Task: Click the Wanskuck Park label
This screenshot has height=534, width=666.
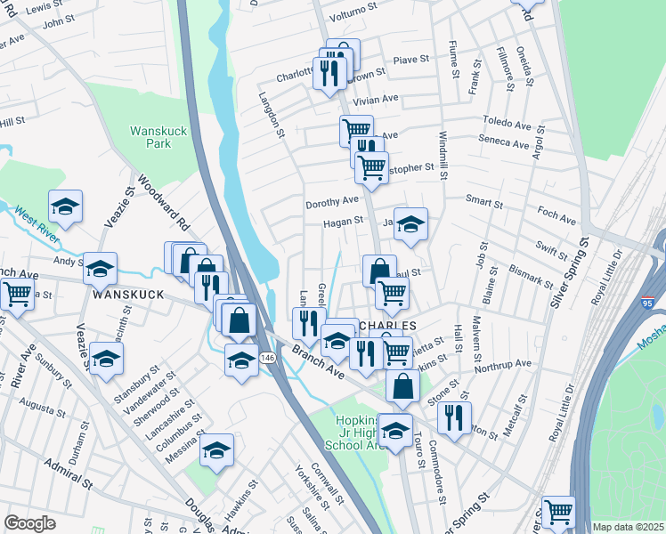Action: click(x=158, y=136)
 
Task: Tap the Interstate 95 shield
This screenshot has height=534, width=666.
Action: click(x=649, y=304)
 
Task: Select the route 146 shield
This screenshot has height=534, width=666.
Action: click(x=267, y=357)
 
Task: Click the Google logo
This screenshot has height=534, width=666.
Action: click(x=30, y=523)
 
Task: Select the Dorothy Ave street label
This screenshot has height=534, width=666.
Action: click(x=331, y=202)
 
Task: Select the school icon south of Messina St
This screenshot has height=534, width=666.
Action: click(x=215, y=450)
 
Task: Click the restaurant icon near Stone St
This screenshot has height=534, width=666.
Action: click(x=455, y=417)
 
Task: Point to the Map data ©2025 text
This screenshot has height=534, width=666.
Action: click(x=628, y=527)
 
